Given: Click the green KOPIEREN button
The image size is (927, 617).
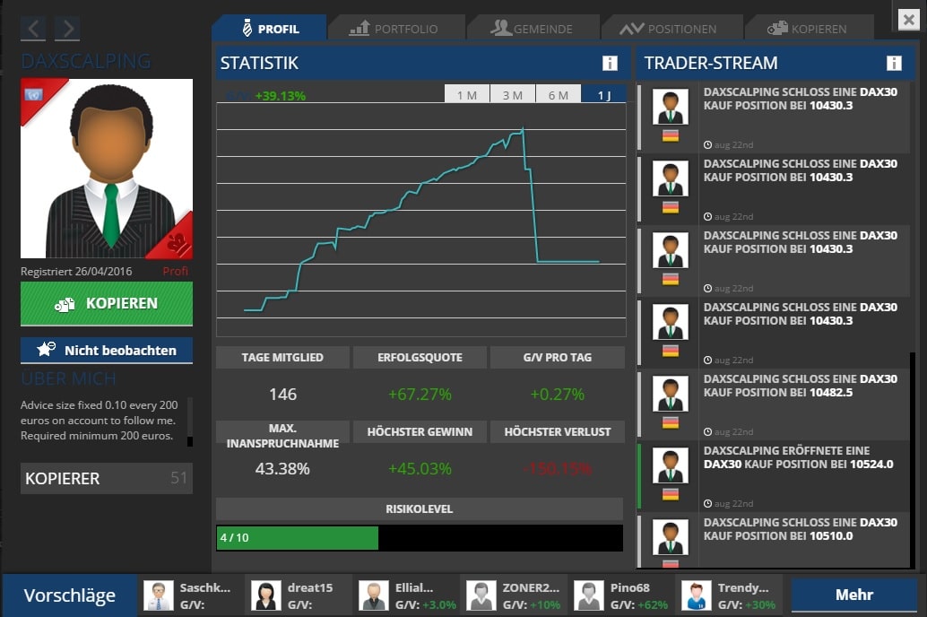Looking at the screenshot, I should (107, 304).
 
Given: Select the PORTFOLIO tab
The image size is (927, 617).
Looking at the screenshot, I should (394, 29).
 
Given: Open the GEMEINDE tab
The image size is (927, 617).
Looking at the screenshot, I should (532, 29).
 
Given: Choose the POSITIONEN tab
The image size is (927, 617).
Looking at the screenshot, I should (669, 29).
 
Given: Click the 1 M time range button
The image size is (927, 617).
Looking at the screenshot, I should (467, 95).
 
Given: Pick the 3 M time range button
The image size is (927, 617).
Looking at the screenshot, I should (513, 95).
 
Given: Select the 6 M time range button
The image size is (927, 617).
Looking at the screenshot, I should (559, 95).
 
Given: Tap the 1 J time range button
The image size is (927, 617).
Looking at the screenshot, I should (604, 95).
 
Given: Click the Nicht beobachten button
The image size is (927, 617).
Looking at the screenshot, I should (107, 351).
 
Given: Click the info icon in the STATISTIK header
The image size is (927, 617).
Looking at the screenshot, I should (610, 63).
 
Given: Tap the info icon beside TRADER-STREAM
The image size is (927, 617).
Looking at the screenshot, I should (894, 63).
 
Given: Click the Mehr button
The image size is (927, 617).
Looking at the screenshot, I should (853, 595).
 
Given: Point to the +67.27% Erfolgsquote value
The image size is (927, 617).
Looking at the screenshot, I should (420, 395).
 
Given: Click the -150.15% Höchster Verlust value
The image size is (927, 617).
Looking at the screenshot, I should (557, 469).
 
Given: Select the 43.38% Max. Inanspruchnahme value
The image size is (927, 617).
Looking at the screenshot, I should (282, 469).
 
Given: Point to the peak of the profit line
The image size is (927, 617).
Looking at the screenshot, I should (522, 130).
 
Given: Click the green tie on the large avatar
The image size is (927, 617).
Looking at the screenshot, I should (110, 215).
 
